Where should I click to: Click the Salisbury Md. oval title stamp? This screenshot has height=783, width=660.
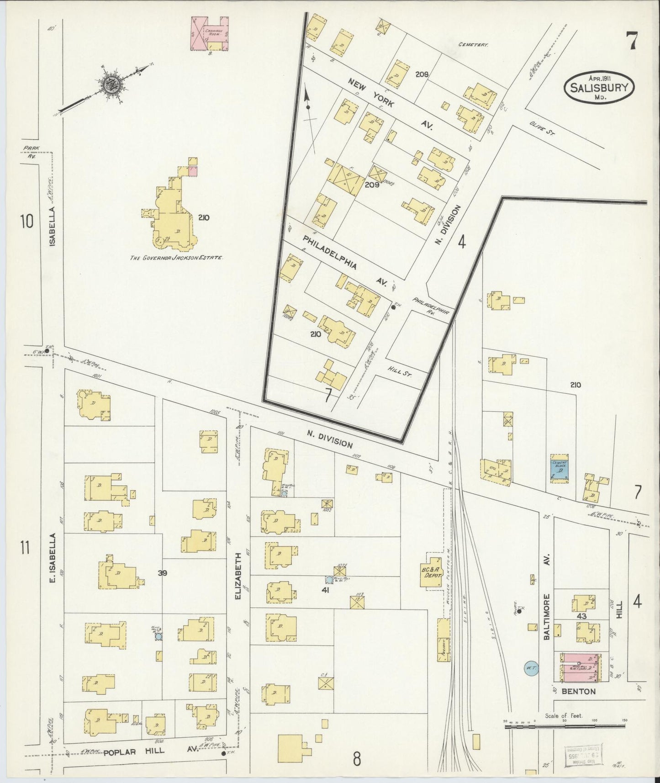[x=599, y=87]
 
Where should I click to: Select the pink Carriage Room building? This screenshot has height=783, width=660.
[x=209, y=34]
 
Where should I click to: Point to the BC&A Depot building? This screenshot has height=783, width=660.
[x=432, y=572]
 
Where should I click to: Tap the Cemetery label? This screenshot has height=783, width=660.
[x=473, y=45]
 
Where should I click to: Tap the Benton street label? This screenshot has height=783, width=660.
[x=579, y=692]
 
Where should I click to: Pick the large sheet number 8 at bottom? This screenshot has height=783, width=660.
[x=357, y=759]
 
